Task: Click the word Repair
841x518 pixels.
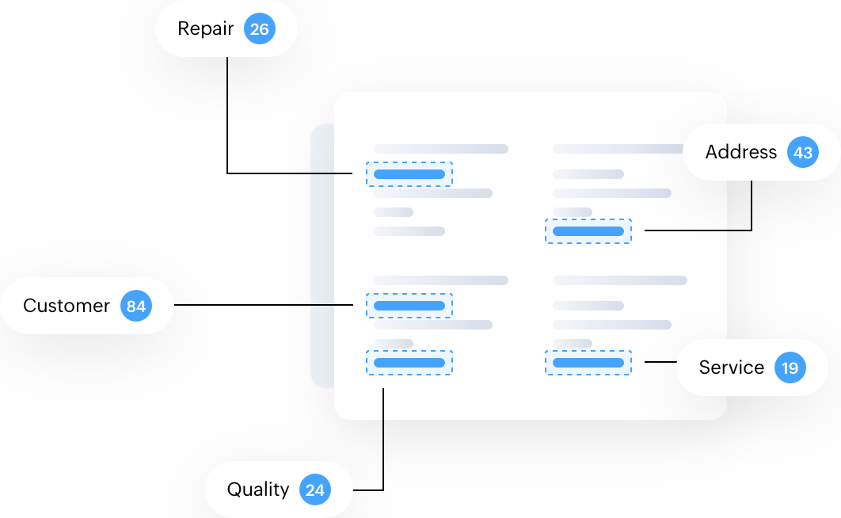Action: [x=205, y=29]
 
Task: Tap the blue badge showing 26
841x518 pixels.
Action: [x=259, y=29]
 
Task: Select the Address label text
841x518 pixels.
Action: [x=740, y=152]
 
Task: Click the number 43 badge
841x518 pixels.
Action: [x=802, y=152]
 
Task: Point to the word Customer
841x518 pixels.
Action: [x=67, y=306]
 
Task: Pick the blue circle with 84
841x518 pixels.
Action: [x=136, y=306]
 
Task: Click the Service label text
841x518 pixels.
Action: [x=731, y=368]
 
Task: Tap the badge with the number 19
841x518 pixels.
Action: [x=790, y=368]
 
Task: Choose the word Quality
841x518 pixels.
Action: [x=257, y=489]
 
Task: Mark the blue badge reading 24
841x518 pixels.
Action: [x=314, y=489]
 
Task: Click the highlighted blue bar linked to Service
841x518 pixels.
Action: [x=588, y=363]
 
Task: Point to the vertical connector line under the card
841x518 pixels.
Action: [x=383, y=404]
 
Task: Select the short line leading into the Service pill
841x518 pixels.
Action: [x=660, y=362]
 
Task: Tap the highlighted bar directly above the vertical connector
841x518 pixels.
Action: [x=409, y=363]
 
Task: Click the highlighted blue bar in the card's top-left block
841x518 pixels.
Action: [x=409, y=174]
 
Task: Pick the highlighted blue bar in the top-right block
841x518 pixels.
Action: [x=588, y=231]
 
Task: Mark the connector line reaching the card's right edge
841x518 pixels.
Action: [x=685, y=230]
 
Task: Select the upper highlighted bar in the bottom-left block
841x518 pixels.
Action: [x=409, y=306]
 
